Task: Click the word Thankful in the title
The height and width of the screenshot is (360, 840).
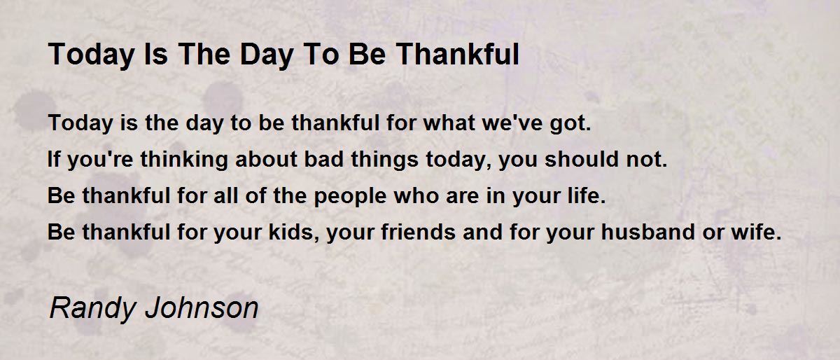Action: [x=458, y=54]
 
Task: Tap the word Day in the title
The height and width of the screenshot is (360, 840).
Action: [x=266, y=55]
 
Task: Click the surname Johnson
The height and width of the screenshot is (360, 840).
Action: [x=202, y=307]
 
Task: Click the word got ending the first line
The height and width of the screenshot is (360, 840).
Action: [x=570, y=124]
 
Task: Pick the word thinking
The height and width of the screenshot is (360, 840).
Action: [x=184, y=160]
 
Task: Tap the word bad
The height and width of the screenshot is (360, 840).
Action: [x=323, y=158]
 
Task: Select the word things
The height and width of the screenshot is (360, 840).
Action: [x=384, y=160]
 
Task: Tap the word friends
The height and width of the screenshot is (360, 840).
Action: [x=418, y=231]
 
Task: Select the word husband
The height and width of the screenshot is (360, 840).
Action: [x=648, y=231]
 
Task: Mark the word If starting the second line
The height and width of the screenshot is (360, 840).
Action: [x=54, y=158]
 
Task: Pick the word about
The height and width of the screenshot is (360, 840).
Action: [x=266, y=158]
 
